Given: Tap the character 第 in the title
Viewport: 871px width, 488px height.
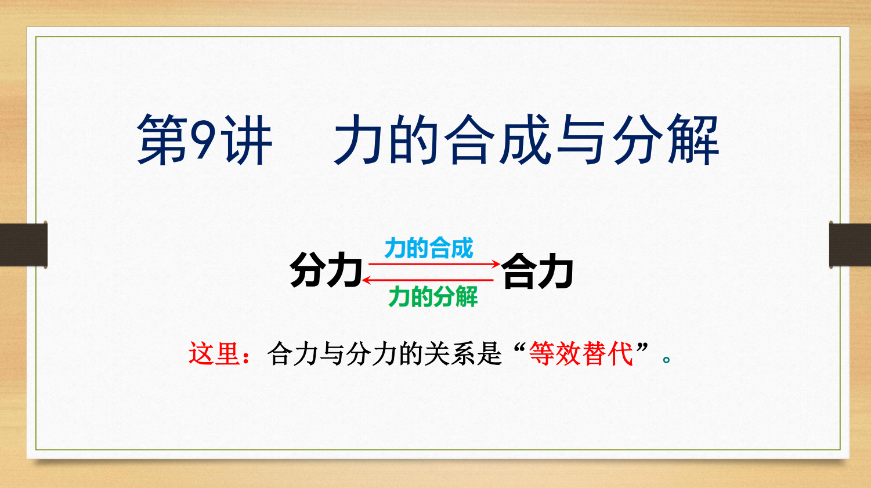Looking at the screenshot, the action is pos(162,140).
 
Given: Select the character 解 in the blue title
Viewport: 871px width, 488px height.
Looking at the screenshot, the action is pos(693,140).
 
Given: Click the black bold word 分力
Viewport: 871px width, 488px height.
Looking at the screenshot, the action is pos(326,270).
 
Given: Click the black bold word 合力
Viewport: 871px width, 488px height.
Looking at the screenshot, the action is pos(537,271).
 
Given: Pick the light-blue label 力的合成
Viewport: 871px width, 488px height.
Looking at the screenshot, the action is pos(428,248).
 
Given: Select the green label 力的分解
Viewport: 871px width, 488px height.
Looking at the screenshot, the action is pos(433,297).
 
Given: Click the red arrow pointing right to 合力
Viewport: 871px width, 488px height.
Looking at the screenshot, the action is pos(434,264).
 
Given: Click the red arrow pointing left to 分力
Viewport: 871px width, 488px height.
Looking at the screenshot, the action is pos(428,280).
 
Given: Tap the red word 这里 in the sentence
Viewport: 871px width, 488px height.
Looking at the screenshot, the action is pos(214,354).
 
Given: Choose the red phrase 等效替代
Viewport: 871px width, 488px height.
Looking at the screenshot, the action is pos(581,354).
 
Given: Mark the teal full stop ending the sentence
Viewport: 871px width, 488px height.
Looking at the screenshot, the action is pos(666,360).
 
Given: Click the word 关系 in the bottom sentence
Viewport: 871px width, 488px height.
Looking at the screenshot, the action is pos(450,354).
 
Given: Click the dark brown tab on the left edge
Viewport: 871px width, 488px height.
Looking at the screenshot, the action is pos(24,245).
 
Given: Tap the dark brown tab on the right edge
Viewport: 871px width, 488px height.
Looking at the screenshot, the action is pos(850,245).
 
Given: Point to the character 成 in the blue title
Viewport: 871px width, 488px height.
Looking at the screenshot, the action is pos(525,140).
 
